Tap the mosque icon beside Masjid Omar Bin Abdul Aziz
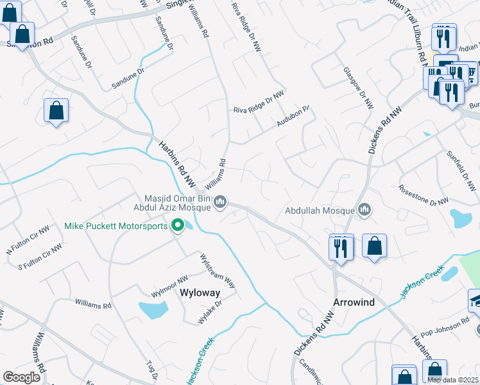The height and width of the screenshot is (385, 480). pos(220,202)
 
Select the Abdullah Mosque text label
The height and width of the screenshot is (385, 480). pos(320,210)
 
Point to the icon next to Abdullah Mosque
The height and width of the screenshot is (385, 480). pos(365,209)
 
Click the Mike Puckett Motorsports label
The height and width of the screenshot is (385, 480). pos(116,226)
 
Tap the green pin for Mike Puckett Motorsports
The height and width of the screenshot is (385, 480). pos(178,225)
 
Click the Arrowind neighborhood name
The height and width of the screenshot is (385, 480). pos(353,302)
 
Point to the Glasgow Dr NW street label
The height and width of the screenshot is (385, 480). pos(357,88)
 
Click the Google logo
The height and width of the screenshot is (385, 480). pos(22,377)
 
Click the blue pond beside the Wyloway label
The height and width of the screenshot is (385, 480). pos(153,310)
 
